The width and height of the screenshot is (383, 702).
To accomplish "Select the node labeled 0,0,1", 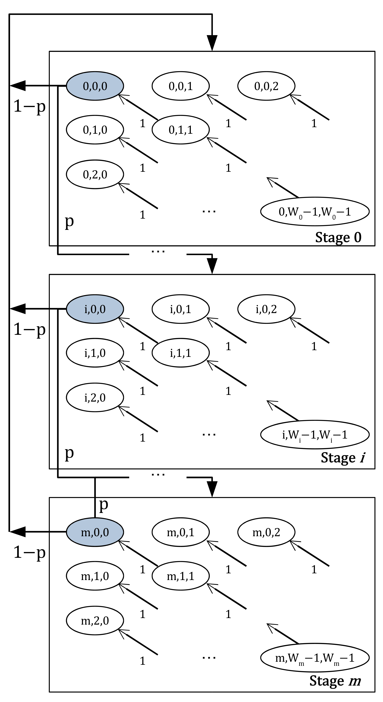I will click(181, 86).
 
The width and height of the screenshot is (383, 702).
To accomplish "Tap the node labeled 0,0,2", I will click(266, 86).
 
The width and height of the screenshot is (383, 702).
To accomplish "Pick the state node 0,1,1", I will click(181, 130).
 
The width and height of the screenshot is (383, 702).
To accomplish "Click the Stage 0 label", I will click(338, 237).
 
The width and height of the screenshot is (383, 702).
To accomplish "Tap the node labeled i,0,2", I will click(266, 309).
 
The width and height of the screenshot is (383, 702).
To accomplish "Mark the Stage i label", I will click(342, 458).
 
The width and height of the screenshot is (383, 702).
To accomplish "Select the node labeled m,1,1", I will click(181, 576).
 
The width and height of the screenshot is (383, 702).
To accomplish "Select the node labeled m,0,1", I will click(181, 532).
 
